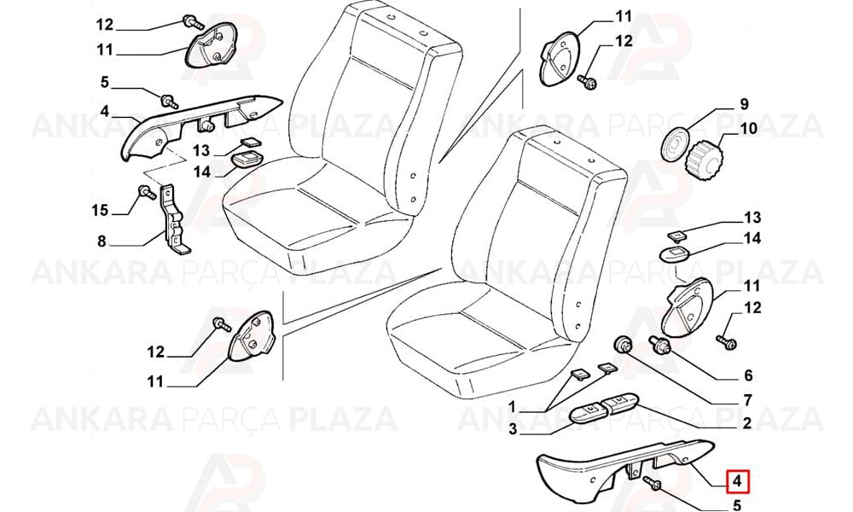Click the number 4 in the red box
[x=737, y=480]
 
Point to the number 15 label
[x=100, y=210]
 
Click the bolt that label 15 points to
[x=145, y=193]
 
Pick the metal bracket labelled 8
[x=174, y=220]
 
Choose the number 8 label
[x=102, y=241]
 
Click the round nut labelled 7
[x=622, y=345]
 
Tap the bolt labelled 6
[x=660, y=345]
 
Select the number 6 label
[x=748, y=375]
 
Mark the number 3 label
[x=513, y=429]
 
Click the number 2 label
[x=747, y=422]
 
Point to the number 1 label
[x=511, y=406]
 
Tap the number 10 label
[x=749, y=128]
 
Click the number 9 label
[x=744, y=103]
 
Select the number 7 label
[x=747, y=400]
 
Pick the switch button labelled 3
[x=587, y=412]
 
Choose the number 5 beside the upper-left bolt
[x=104, y=83]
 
